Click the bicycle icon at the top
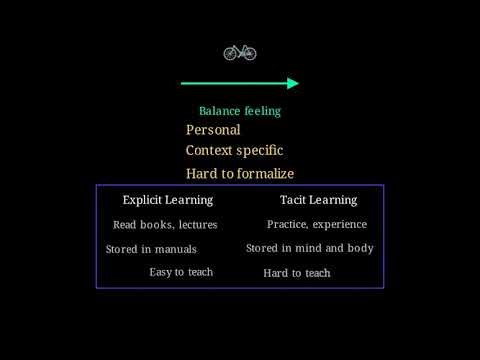240,52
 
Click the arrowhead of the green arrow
293,84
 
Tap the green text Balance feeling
240,111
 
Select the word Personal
213,130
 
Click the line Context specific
234,151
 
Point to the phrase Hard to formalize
240,174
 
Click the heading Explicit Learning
168,200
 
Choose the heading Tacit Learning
318,200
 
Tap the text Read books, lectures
165,225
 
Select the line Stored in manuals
151,249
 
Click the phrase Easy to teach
181,272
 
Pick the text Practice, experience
317,225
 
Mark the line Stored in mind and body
310,248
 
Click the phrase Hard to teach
297,273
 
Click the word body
361,248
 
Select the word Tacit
294,200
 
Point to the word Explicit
143,200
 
